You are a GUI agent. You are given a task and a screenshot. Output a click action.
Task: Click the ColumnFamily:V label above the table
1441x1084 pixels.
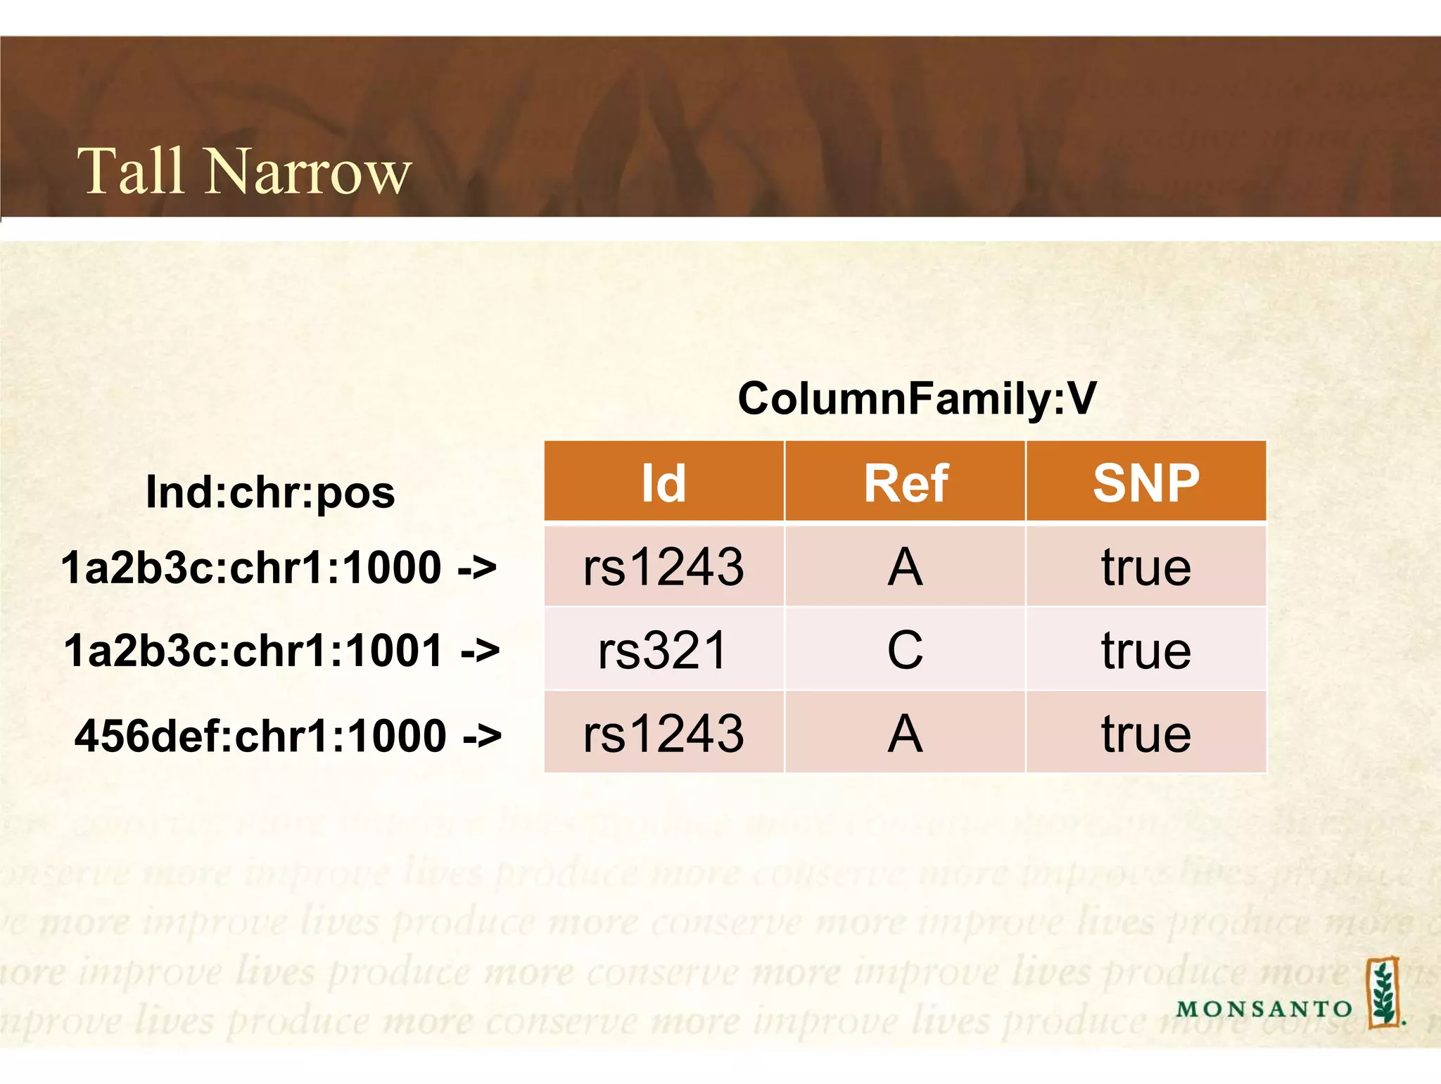click(x=916, y=398)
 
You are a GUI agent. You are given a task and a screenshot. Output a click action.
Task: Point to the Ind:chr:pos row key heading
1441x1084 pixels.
click(x=270, y=492)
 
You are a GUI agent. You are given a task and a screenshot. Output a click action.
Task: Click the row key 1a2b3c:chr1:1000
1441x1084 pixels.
click(x=251, y=567)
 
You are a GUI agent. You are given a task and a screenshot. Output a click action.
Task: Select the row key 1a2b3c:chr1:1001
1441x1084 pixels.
click(x=253, y=650)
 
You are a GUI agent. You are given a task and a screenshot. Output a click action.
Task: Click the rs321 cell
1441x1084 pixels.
click(x=663, y=650)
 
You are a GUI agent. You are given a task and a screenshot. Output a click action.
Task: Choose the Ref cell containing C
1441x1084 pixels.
click(x=905, y=650)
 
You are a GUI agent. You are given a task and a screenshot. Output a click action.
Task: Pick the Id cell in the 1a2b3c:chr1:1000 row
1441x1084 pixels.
click(x=664, y=567)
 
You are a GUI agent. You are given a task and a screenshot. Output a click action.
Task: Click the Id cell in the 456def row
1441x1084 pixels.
click(x=664, y=734)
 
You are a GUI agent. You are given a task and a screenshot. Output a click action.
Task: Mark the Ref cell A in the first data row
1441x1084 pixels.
click(x=905, y=567)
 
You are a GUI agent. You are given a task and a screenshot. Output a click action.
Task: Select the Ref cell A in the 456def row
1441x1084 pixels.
click(x=905, y=734)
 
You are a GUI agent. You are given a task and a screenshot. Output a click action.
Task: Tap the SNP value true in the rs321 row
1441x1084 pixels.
click(x=1145, y=650)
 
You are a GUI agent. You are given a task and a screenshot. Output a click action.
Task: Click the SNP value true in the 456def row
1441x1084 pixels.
click(x=1145, y=734)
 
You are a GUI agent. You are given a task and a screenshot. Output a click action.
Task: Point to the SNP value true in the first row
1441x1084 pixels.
click(x=1145, y=567)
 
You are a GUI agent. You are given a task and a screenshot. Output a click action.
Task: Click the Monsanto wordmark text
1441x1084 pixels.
click(x=1264, y=1009)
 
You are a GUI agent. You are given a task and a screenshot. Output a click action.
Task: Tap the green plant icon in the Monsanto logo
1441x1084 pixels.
click(x=1383, y=993)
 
